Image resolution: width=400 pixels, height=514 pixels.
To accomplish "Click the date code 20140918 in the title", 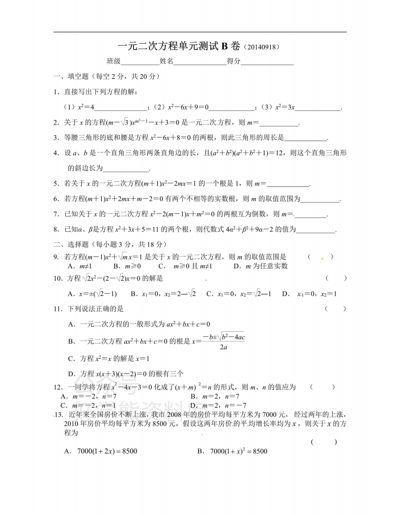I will point(260,47).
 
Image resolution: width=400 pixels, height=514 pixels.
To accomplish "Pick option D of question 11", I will point(126,373).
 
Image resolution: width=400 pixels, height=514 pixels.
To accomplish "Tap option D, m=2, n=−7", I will point(218,405).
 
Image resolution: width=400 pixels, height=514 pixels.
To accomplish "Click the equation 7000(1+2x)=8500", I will point(101,451).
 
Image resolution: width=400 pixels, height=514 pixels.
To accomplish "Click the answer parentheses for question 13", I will point(324,442).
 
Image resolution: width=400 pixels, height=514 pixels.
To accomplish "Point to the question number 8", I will point(56,229).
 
